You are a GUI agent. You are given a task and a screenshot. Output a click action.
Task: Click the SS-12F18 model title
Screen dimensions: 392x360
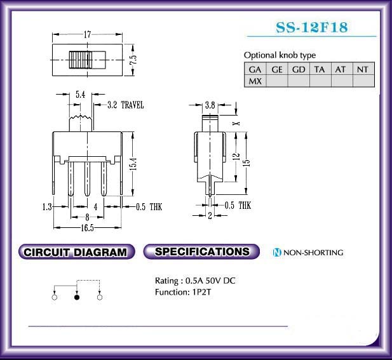(x=312, y=27)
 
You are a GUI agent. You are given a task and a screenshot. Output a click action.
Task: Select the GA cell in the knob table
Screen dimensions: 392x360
(x=255, y=69)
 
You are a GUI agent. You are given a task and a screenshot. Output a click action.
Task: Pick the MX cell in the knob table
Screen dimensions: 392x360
(x=255, y=81)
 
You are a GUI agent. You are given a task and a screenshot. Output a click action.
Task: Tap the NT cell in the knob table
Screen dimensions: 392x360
(x=363, y=69)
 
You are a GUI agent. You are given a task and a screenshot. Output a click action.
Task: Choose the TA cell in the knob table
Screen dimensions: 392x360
(x=320, y=69)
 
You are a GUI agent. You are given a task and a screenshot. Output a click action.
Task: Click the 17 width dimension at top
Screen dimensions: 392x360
(x=87, y=34)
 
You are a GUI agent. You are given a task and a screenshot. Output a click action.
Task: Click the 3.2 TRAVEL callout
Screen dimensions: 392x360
(x=126, y=105)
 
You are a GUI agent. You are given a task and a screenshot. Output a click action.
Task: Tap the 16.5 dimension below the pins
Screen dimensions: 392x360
(x=87, y=228)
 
